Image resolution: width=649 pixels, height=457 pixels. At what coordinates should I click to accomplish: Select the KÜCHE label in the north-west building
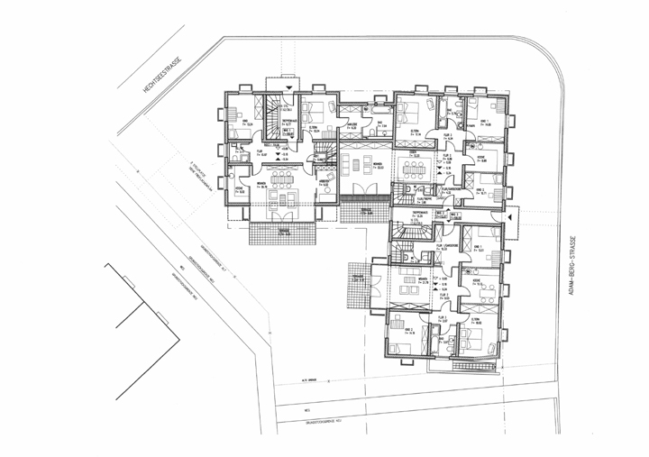tap(240, 188)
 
